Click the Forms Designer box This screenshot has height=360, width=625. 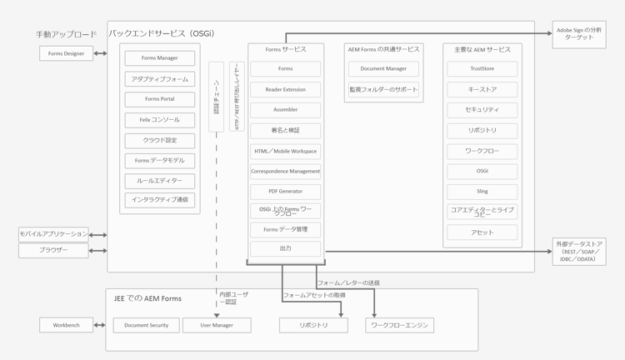[66, 53]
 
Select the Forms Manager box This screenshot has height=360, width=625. [160, 58]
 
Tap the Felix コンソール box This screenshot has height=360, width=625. [160, 120]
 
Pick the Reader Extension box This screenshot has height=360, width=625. [285, 89]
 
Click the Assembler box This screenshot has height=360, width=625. [285, 109]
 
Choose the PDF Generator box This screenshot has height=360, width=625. [285, 191]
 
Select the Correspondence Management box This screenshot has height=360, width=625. [285, 171]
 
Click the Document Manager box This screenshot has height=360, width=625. [383, 69]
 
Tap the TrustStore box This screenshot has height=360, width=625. [482, 69]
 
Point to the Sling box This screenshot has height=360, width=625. [482, 191]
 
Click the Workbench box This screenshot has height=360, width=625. [66, 325]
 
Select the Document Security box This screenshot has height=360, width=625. [146, 325]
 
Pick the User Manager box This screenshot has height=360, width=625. [217, 325]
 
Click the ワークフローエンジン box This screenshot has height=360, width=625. [399, 325]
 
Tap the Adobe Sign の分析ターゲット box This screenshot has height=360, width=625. [578, 34]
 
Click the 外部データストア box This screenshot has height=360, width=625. [578, 252]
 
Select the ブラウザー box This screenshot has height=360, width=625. [53, 250]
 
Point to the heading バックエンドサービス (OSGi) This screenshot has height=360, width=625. [161, 33]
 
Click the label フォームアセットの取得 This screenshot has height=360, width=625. [314, 295]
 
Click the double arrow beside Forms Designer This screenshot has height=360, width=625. [100, 53]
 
